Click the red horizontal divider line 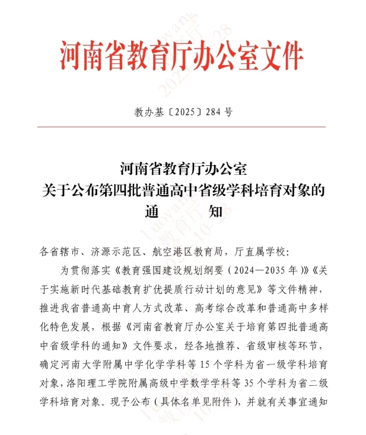point(182,126)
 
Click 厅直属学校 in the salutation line point(260,252)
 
